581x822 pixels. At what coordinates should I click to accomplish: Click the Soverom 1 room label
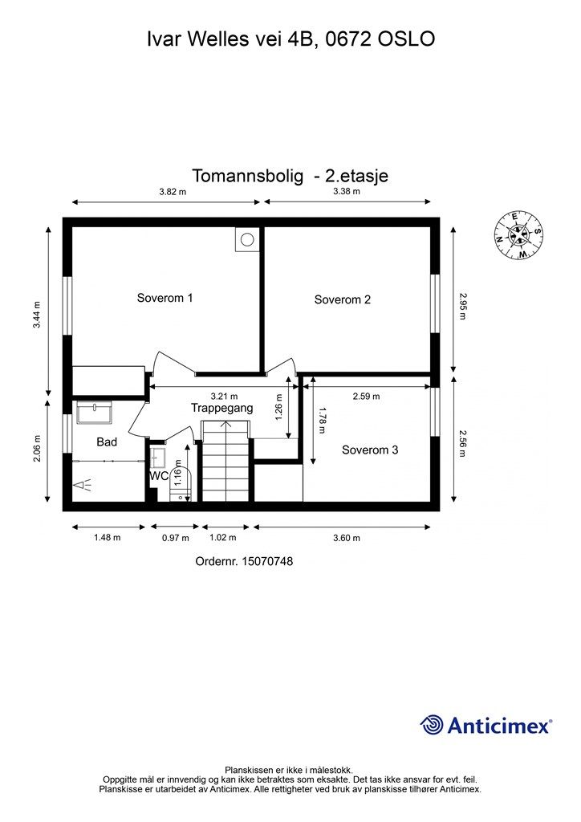[165, 298]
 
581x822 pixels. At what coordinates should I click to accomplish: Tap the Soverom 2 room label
[342, 299]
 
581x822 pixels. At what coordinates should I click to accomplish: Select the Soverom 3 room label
[370, 450]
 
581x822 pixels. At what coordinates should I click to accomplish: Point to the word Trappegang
[221, 408]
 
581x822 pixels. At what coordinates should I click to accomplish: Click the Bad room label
[107, 442]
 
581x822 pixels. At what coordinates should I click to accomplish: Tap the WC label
[159, 475]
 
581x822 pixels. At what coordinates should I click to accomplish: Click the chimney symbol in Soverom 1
[246, 238]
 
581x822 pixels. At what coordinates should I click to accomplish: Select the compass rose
[518, 235]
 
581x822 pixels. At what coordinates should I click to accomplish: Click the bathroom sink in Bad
[95, 413]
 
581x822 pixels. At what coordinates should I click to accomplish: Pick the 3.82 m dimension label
[172, 192]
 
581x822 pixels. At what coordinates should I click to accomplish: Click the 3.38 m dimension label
[347, 192]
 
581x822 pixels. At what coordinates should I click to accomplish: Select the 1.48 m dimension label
[107, 538]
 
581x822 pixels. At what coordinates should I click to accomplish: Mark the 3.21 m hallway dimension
[224, 396]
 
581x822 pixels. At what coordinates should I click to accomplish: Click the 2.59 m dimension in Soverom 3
[366, 396]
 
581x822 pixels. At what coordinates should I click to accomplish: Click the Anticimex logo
[486, 726]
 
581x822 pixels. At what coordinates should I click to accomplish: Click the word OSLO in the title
[405, 38]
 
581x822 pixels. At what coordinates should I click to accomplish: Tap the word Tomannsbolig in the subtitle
[247, 176]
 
